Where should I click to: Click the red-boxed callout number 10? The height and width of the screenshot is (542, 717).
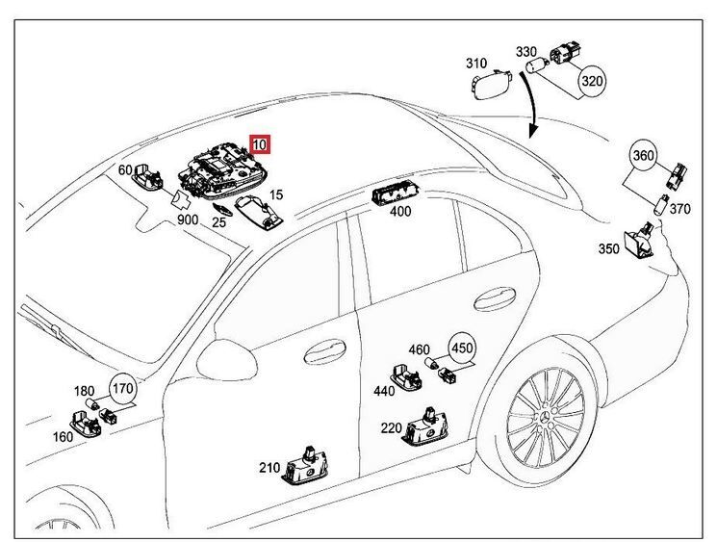[260, 145]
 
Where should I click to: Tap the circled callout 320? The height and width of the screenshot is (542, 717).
[592, 81]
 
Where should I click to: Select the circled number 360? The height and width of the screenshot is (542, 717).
[645, 155]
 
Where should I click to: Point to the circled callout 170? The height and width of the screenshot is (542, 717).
[123, 389]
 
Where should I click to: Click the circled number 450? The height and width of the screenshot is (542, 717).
[462, 348]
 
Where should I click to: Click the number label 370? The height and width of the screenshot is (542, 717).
[679, 209]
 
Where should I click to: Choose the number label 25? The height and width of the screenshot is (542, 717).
[219, 223]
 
